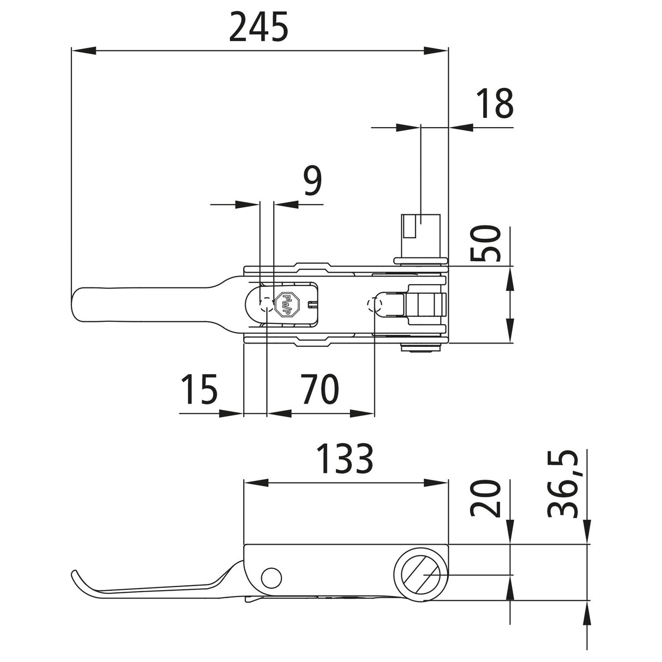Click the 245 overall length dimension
point(258,28)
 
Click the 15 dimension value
point(200,389)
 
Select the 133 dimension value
point(345,459)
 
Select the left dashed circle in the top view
point(266,304)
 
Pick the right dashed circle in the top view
point(375,304)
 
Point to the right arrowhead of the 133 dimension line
point(436,483)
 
